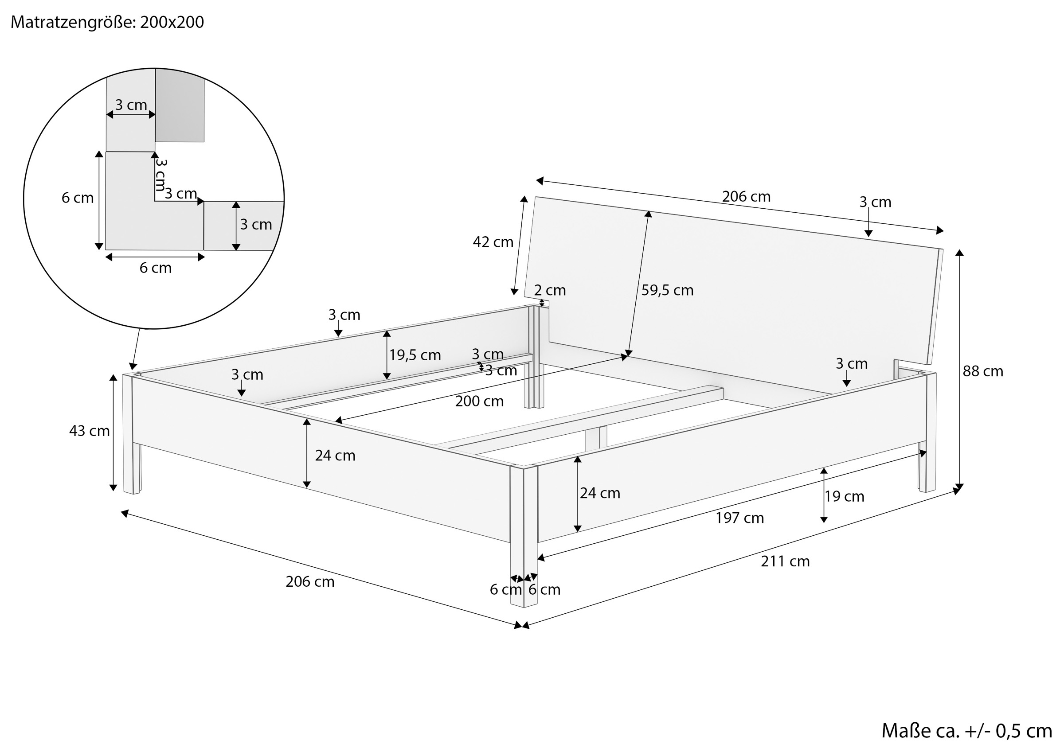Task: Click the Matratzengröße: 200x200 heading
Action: [107, 22]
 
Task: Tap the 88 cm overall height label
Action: [982, 371]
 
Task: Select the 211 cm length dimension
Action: [785, 561]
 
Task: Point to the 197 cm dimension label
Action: [739, 518]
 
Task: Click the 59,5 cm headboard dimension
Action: [667, 291]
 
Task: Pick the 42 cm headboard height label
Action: [493, 242]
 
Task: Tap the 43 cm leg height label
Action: [90, 431]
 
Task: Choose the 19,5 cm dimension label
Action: [415, 355]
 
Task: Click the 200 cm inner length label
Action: [479, 401]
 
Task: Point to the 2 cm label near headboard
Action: [550, 291]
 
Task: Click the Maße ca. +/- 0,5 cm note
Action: [966, 731]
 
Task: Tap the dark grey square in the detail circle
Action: [180, 105]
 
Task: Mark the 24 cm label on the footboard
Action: [335, 456]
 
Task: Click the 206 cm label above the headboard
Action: [746, 197]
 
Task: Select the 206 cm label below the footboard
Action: [309, 582]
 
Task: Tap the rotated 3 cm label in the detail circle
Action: [161, 175]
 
